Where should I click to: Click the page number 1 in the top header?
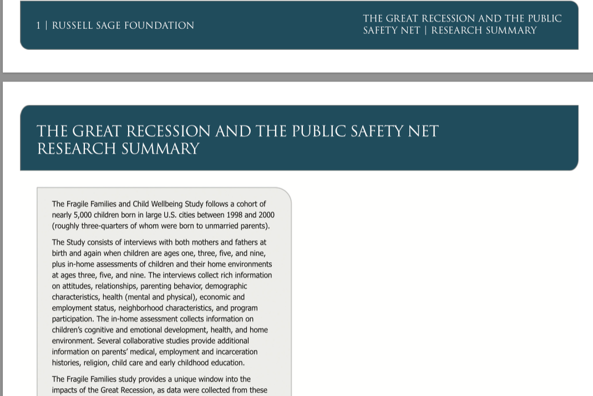(38, 26)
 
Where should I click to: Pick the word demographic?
(227, 286)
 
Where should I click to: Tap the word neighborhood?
(153, 308)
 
